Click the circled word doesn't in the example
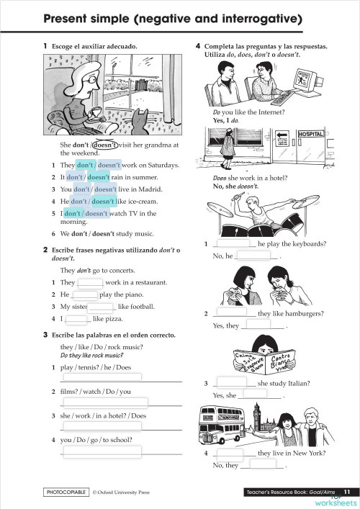click(x=106, y=144)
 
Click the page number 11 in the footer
click(x=346, y=492)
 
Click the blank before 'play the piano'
click(x=85, y=294)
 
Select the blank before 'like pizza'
click(x=76, y=318)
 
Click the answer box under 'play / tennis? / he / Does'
click(x=102, y=377)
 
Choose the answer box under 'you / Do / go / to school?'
click(x=102, y=451)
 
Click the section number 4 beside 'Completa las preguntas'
click(x=198, y=47)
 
